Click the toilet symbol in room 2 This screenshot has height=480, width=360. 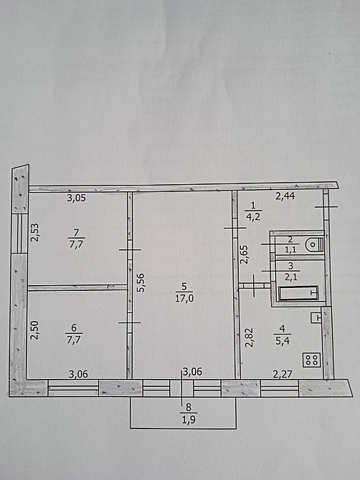(314, 244)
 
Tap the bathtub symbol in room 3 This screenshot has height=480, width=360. (298, 293)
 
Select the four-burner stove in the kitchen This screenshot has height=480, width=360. (311, 360)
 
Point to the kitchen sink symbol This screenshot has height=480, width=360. (316, 317)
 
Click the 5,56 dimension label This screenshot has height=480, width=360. (141, 282)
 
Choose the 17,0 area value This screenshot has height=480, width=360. (184, 298)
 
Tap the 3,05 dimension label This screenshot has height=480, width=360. (76, 198)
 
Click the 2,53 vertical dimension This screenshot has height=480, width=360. (35, 232)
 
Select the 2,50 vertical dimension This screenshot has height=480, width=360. (34, 330)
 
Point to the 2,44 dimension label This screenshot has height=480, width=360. (285, 196)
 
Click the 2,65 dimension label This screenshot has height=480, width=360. (244, 254)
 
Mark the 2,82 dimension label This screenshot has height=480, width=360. (250, 337)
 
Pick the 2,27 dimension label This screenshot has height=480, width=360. (282, 374)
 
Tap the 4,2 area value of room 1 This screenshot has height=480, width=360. (253, 217)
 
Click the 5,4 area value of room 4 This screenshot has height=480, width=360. (282, 341)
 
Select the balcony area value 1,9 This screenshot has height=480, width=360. (189, 419)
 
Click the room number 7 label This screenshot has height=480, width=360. (76, 233)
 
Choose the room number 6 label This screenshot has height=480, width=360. (74, 328)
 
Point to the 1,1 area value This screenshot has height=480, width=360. (290, 249)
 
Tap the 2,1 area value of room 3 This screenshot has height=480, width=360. (290, 277)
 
